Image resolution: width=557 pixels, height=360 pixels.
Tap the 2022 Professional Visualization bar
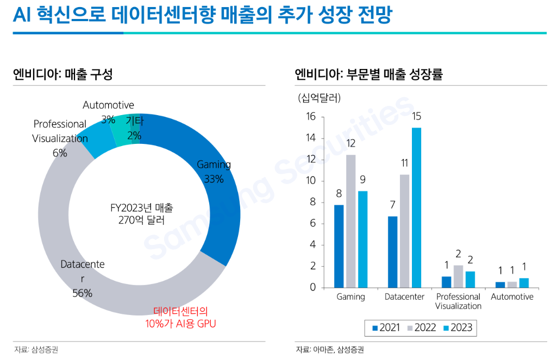pyautogui.click(x=459, y=276)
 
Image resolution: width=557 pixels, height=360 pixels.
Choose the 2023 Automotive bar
pyautogui.click(x=524, y=282)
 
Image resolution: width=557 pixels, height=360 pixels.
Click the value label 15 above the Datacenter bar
pyautogui.click(x=417, y=116)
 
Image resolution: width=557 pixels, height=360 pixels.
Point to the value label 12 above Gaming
pyautogui.click(x=351, y=144)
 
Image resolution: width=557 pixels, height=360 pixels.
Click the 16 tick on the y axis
pyautogui.click(x=311, y=117)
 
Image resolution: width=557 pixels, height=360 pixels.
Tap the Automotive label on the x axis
pyautogui.click(x=512, y=297)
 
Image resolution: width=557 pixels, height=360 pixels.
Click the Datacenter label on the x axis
pyautogui.click(x=404, y=297)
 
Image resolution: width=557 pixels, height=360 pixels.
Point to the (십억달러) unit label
pyautogui.click(x=320, y=98)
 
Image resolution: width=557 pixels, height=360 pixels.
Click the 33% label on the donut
pyautogui.click(x=214, y=179)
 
